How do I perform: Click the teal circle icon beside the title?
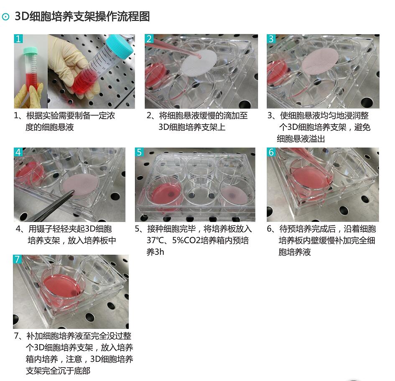click(5, 17)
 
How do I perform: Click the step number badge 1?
click(18, 39)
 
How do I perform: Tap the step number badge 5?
click(139, 152)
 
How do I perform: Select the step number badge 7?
click(18, 259)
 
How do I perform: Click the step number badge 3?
click(271, 39)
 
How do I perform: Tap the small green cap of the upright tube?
click(30, 51)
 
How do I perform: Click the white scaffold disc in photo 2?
click(199, 63)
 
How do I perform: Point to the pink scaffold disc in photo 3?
click(320, 61)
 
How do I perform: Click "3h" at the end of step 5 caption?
click(159, 252)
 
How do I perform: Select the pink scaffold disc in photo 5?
click(234, 196)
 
